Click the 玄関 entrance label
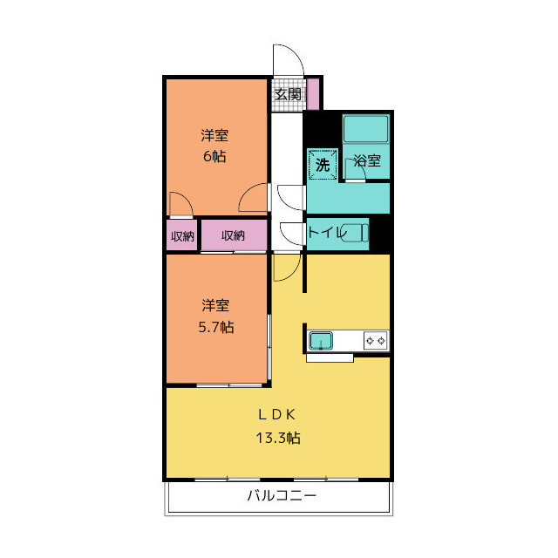point(288,94)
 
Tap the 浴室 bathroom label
point(368,160)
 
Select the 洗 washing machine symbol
point(323,165)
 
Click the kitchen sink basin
point(321,341)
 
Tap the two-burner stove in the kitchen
point(376,341)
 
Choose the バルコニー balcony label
point(282,495)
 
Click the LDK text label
point(277,415)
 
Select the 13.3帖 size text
point(278,438)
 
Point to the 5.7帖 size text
point(216,327)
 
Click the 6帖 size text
point(214,156)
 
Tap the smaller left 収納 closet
point(182,235)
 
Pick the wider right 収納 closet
point(234,235)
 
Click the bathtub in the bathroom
point(365,128)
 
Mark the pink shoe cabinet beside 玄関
point(313,94)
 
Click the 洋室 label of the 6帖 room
point(214,135)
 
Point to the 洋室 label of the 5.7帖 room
point(215,306)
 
